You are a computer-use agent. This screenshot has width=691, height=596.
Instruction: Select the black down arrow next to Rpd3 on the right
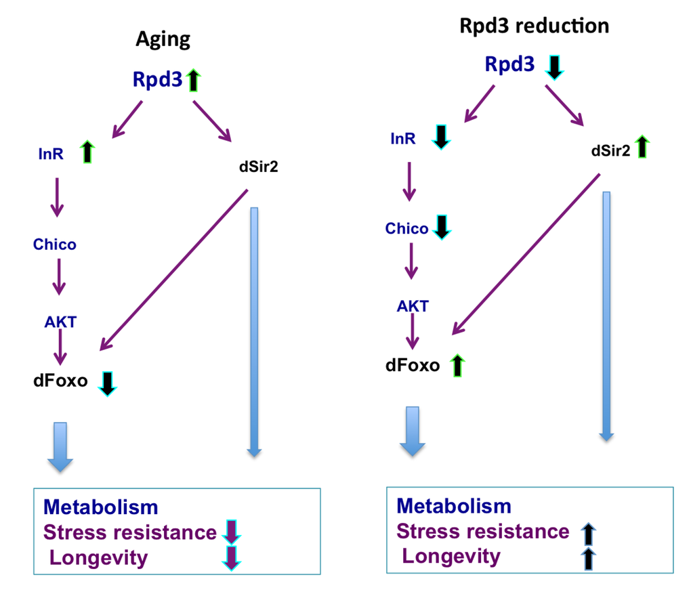click(554, 66)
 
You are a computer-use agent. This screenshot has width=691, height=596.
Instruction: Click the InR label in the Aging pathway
click(50, 154)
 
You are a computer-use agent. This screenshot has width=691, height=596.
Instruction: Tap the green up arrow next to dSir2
click(642, 146)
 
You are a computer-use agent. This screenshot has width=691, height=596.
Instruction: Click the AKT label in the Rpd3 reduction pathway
click(413, 305)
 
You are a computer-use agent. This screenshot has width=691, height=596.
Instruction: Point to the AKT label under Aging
click(59, 321)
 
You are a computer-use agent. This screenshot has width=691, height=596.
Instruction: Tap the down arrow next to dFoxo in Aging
click(108, 382)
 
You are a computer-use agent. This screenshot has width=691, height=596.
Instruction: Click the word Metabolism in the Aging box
click(100, 507)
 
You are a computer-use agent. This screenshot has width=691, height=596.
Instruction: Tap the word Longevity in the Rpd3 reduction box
click(451, 557)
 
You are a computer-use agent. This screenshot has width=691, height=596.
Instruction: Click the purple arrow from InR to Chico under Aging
click(57, 197)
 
